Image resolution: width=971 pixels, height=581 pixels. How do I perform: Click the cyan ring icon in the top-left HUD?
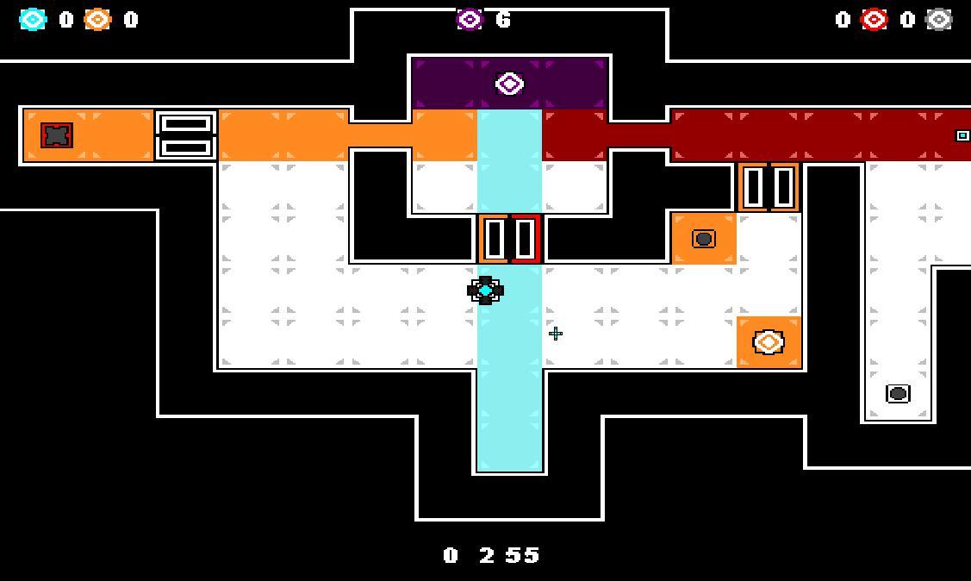point(33,20)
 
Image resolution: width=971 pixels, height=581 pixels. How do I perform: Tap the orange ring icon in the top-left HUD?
point(97,20)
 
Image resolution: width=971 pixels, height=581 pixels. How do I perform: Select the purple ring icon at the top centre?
point(470,19)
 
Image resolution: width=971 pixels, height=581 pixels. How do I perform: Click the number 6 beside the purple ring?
point(503,19)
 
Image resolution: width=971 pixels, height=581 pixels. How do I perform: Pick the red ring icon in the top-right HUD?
point(874,20)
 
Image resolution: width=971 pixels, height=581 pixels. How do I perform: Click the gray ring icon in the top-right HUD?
point(938,20)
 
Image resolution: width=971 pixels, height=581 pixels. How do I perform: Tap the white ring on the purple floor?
point(509,84)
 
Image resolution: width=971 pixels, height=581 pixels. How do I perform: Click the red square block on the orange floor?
point(57,135)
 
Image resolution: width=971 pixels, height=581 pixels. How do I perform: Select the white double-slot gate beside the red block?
point(186,135)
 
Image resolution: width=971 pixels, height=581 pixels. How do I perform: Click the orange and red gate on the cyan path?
point(509,239)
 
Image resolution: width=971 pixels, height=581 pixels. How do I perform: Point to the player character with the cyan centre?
point(485,290)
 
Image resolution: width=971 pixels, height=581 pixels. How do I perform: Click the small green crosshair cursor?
point(556,334)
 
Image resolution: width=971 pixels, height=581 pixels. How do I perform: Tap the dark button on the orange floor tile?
point(704,239)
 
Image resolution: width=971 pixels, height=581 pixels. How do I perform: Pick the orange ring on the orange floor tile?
point(769,342)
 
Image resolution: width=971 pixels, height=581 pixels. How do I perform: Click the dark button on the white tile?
point(898,394)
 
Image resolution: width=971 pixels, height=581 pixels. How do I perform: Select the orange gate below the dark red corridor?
point(769,187)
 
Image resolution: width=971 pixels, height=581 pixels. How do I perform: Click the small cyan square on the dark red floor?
point(962,135)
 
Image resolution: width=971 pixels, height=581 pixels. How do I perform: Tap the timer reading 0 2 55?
point(492,555)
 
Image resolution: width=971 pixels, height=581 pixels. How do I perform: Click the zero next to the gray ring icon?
point(907,20)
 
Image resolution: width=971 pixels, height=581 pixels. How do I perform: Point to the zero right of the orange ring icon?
point(131,20)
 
